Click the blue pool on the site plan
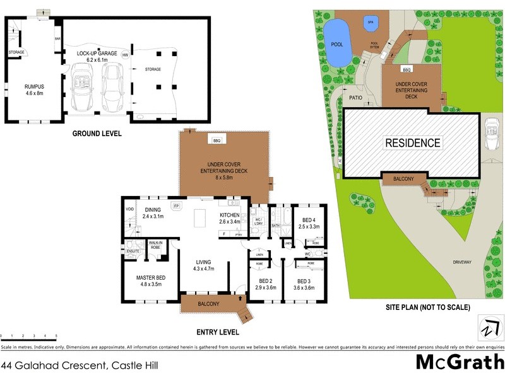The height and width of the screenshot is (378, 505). (x=337, y=42)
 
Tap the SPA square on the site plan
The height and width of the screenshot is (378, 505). (x=370, y=23)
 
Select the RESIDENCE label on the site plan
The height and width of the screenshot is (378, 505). (x=413, y=143)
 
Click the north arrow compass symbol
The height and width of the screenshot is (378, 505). (x=486, y=329)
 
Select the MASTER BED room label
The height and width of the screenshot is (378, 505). (x=151, y=280)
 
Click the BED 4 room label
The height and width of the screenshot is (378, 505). (x=309, y=222)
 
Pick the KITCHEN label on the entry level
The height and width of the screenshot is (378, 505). (x=230, y=218)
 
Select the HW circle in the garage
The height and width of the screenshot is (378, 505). (x=134, y=55)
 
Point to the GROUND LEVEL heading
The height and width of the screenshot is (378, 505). (x=97, y=134)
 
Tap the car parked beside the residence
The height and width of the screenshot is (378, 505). (x=490, y=134)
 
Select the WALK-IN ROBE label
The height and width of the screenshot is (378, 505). (x=156, y=246)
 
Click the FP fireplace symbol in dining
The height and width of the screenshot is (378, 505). (x=177, y=206)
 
